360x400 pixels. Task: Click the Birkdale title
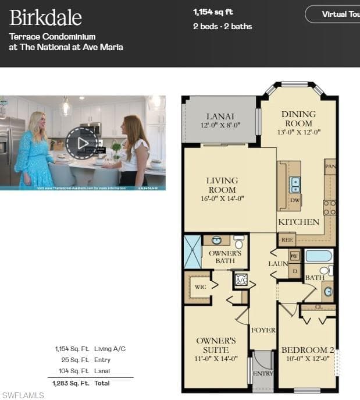pos(45,17)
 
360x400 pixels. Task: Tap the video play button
pos(82,143)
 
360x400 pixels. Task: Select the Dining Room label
pos(298,119)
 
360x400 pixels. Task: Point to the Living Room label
pos(222,185)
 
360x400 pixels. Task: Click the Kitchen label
pos(299,222)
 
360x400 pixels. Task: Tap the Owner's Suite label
pos(216,345)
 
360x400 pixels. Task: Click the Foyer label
pos(263,330)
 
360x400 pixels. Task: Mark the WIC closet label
pos(201,287)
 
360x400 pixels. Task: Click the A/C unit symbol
pos(241,280)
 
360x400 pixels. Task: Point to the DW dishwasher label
pos(295,200)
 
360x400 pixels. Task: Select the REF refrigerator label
pos(287,239)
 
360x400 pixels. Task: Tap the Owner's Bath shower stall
pos(193,252)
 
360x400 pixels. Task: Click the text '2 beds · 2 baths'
pos(222,26)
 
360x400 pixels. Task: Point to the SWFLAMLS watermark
pos(23,395)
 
